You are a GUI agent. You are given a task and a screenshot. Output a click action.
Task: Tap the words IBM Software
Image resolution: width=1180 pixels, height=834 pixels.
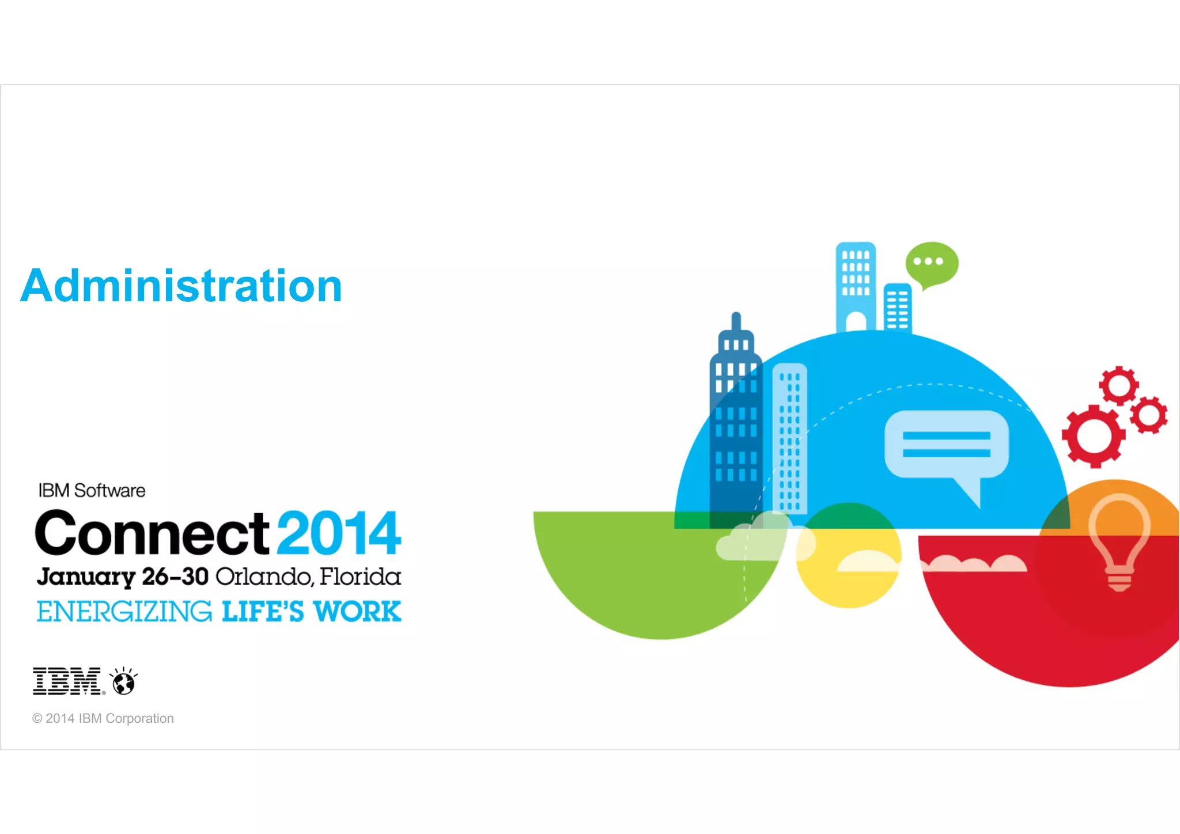tap(92, 491)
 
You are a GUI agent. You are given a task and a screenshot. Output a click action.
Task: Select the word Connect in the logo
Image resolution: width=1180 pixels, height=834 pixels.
tap(152, 533)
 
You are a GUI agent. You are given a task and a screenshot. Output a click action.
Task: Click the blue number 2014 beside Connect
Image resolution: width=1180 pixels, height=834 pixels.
tap(339, 533)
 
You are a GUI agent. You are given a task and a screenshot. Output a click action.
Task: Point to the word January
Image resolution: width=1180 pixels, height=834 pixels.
tap(86, 577)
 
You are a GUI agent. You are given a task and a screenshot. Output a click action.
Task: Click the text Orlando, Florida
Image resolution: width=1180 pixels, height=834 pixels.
tap(308, 577)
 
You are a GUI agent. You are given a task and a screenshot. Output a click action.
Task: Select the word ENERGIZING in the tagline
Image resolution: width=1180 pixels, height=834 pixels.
tap(124, 612)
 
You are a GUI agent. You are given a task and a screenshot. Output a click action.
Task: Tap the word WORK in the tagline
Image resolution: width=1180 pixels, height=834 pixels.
tap(357, 612)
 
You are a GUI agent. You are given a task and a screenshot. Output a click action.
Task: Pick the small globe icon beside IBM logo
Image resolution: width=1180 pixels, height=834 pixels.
tap(123, 683)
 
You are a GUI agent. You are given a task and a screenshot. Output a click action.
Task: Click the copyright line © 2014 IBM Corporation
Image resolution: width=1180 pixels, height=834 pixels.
tap(103, 718)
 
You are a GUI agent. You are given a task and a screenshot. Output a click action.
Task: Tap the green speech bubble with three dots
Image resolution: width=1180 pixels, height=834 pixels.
tap(932, 263)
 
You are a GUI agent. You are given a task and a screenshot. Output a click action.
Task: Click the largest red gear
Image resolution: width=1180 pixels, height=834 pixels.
tap(1093, 436)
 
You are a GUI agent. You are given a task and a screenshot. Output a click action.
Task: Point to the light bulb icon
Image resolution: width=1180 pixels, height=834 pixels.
tap(1119, 540)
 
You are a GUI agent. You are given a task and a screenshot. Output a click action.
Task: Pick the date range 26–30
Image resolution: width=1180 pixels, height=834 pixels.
tap(175, 577)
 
